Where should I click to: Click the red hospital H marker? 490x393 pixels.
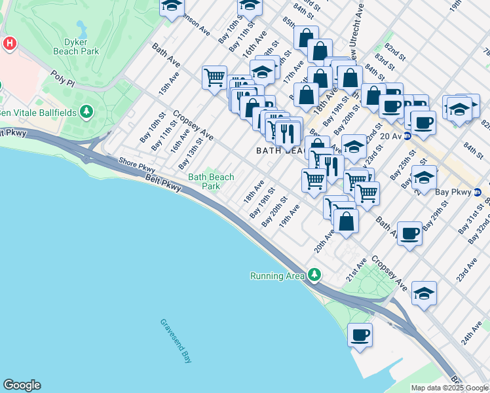coord(10,45)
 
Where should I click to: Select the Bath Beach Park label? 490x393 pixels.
coord(211,181)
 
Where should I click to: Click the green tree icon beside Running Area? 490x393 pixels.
coord(315,275)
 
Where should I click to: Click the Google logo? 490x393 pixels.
coord(22,385)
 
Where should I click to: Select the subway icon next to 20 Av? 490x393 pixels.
coord(407,136)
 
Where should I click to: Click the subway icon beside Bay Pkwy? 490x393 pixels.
coord(477,192)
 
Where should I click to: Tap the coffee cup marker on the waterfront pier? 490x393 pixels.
coord(360,335)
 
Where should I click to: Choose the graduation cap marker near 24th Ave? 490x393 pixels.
coord(424,293)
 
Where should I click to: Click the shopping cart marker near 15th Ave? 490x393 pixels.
coord(214,78)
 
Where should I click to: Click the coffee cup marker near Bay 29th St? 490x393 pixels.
coord(410,233)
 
